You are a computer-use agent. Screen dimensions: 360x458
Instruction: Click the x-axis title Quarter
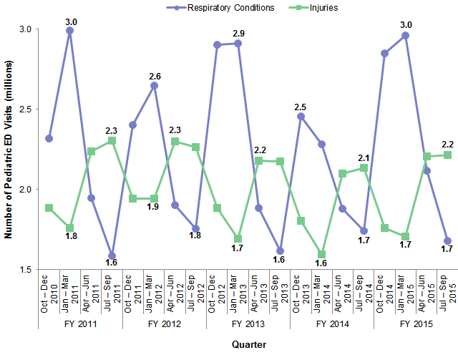click(x=250, y=345)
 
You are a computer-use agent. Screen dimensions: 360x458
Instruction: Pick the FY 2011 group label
click(x=80, y=323)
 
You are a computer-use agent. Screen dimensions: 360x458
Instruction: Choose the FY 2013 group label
click(x=248, y=323)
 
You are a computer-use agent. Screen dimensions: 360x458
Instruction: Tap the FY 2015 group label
click(x=415, y=323)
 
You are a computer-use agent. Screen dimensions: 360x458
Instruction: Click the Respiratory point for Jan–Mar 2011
click(x=69, y=31)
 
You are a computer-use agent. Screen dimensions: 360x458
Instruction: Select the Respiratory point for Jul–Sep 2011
click(x=112, y=256)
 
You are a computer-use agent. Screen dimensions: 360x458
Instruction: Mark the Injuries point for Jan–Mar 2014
click(x=321, y=254)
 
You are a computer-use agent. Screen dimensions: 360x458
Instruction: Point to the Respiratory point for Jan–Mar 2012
click(x=154, y=86)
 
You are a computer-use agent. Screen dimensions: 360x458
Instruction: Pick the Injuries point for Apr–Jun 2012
click(x=175, y=142)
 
